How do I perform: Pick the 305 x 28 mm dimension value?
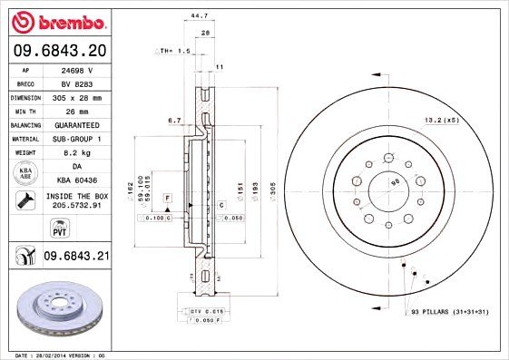[x=75, y=96]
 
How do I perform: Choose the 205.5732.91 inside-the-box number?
[x=76, y=207]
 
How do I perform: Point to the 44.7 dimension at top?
[x=194, y=15]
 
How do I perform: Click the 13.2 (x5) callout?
[x=443, y=119]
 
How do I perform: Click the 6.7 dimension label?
[x=175, y=118]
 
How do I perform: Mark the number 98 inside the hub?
[x=394, y=184]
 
